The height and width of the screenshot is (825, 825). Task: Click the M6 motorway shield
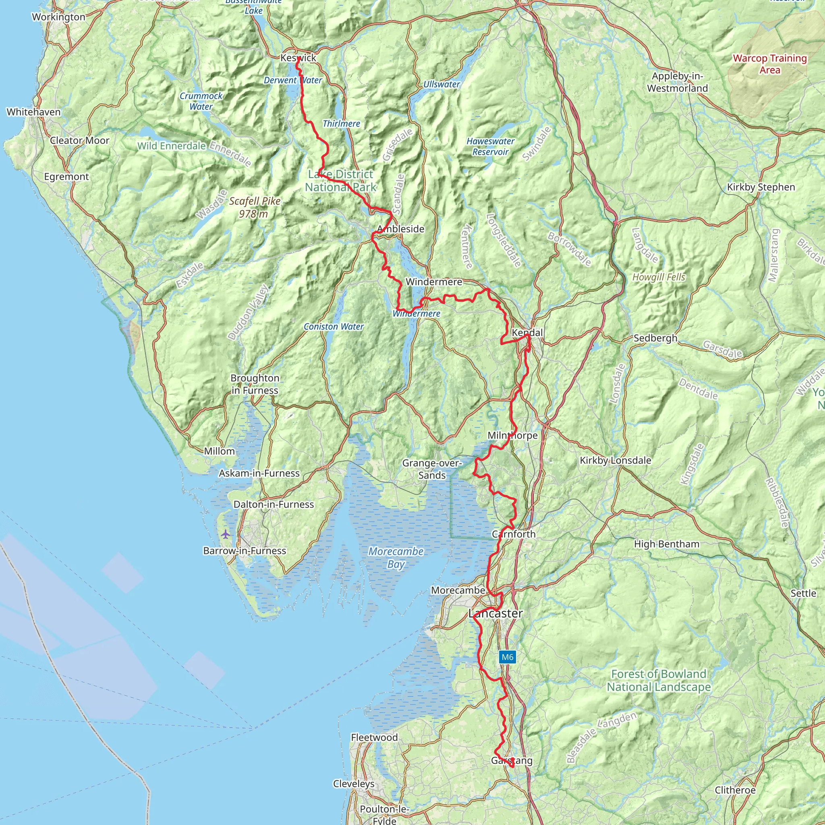click(507, 657)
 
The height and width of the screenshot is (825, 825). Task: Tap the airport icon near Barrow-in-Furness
click(226, 534)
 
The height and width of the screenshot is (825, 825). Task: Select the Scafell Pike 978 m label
click(255, 207)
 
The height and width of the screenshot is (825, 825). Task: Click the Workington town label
click(58, 17)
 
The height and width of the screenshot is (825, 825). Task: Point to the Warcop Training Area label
click(769, 64)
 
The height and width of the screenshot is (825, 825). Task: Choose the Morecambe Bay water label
click(396, 558)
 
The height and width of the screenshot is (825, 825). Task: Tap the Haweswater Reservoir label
click(490, 147)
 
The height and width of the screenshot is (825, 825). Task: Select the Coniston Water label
click(334, 327)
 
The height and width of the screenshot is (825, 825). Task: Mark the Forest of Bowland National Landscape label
click(659, 680)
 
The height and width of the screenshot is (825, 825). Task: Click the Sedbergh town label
click(655, 338)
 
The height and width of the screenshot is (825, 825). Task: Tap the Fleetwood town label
click(374, 738)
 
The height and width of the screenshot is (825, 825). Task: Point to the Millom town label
click(219, 451)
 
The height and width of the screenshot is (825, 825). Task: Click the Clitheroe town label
click(735, 790)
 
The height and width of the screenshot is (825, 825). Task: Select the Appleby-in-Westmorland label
click(677, 82)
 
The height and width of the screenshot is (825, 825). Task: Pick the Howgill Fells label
click(659, 277)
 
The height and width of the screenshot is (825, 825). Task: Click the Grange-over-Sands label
click(432, 469)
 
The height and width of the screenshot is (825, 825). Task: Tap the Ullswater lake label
click(442, 85)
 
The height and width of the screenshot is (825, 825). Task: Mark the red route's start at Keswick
click(298, 59)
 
